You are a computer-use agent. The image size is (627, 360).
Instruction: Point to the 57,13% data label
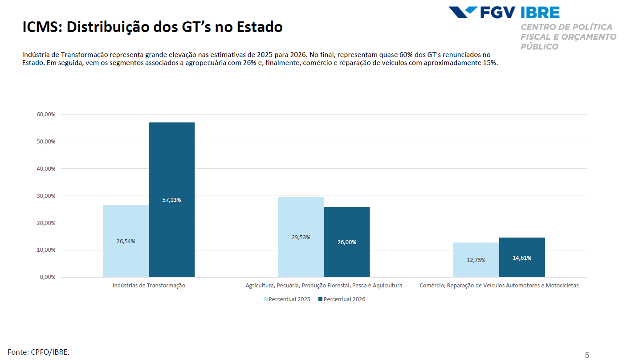(x=171, y=200)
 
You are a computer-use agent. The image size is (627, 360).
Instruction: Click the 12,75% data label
(x=476, y=260)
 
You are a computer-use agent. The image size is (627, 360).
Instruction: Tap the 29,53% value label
(x=301, y=237)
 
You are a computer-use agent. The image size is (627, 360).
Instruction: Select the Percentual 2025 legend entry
(x=287, y=299)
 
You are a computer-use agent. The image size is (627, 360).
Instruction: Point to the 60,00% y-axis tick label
(x=46, y=115)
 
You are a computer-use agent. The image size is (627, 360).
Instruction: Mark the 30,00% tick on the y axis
(x=46, y=196)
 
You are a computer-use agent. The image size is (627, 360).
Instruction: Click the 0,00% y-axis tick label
(x=48, y=277)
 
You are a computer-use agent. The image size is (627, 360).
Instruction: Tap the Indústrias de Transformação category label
(x=149, y=286)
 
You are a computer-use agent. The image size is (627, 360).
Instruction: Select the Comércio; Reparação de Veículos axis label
(x=499, y=286)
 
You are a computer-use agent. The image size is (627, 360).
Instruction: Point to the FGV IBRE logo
(x=504, y=12)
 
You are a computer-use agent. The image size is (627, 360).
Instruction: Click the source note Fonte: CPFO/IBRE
(x=39, y=352)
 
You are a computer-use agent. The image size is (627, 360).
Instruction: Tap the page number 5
(x=587, y=355)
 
